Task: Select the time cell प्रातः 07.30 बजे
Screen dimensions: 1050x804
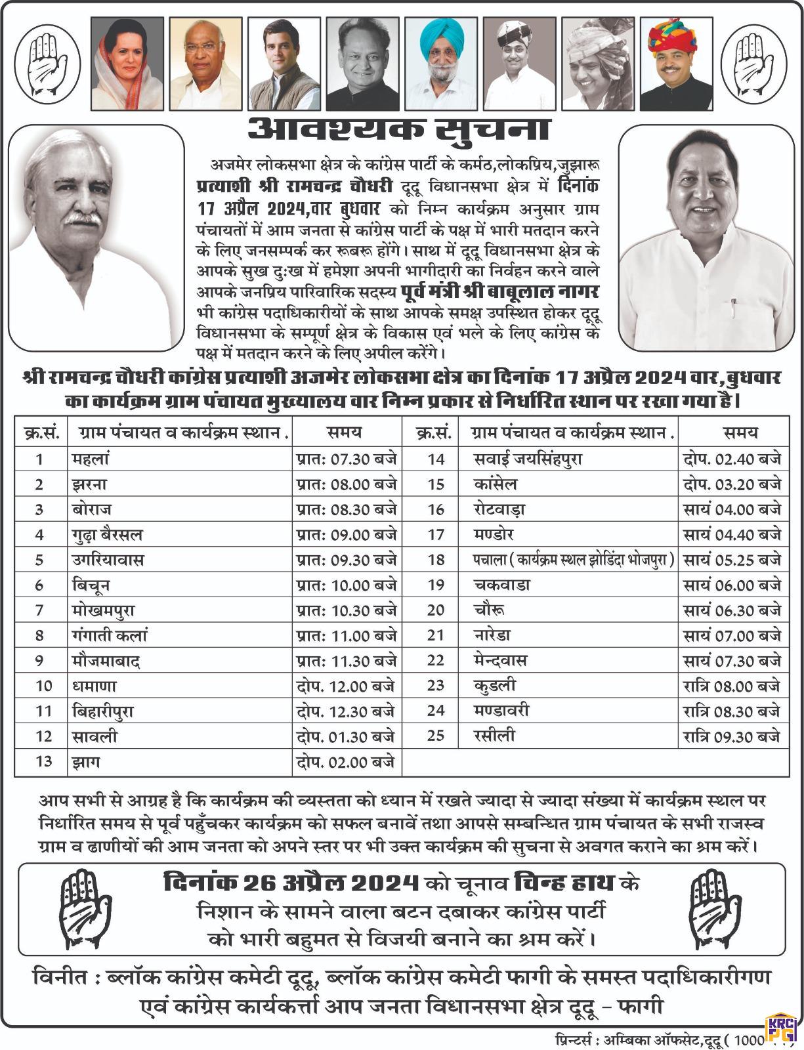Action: pos(346,459)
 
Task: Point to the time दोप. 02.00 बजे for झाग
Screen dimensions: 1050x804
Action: pos(346,761)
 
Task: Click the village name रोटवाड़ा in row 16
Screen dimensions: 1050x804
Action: pos(499,509)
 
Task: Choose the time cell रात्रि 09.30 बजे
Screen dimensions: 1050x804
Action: pos(732,736)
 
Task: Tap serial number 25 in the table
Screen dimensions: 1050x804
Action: pos(436,736)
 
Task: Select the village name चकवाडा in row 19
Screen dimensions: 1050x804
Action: pos(501,585)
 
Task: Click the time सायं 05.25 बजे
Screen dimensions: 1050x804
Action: pos(732,560)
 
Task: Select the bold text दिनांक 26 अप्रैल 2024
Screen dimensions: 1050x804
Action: pos(291,883)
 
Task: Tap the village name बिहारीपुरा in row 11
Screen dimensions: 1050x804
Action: pos(104,711)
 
